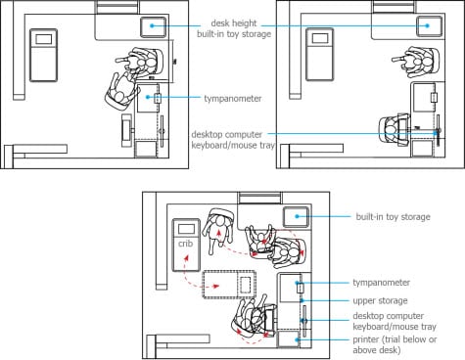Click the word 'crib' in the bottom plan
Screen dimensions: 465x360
185,244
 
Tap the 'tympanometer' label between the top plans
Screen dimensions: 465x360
233,99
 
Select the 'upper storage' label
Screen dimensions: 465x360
380,300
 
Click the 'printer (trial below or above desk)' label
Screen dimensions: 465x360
395,344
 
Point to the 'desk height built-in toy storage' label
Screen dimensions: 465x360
234,28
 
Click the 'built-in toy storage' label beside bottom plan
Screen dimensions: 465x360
393,217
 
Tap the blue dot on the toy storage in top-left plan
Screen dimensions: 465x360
152,25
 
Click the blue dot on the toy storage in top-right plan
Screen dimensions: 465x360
428,25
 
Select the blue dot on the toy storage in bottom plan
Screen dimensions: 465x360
297,216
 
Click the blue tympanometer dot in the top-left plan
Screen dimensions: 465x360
148,97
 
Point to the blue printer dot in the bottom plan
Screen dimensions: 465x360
297,339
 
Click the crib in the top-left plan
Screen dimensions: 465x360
44,55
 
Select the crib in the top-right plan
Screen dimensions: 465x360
319,54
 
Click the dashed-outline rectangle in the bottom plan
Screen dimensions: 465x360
229,285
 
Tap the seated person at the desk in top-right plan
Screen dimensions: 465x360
394,130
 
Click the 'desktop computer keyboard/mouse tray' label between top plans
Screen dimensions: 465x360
233,140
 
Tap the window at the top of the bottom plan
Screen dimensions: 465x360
259,199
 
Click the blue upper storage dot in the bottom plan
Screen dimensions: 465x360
302,300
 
